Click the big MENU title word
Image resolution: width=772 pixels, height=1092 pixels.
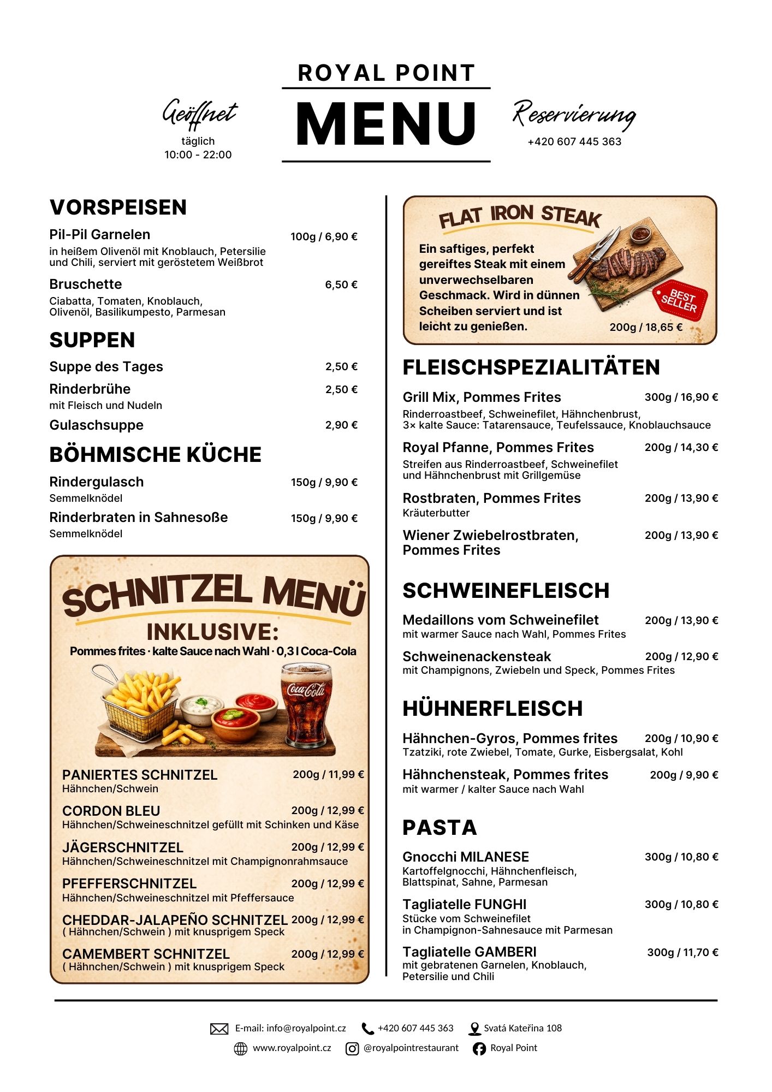pyautogui.click(x=386, y=124)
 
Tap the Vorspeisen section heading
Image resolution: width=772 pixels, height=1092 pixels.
pyautogui.click(x=118, y=207)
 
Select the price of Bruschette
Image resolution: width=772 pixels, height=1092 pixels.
pyautogui.click(x=341, y=284)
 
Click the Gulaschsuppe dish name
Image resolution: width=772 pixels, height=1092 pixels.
pyautogui.click(x=96, y=425)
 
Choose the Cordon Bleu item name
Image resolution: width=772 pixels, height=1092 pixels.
pyautogui.click(x=111, y=811)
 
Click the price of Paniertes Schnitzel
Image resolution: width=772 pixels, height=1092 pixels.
pyautogui.click(x=328, y=774)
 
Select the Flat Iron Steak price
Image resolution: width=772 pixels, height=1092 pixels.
pyautogui.click(x=646, y=327)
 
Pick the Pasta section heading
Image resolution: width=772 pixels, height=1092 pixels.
pyautogui.click(x=440, y=828)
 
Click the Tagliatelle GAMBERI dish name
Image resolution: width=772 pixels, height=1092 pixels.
pyautogui.click(x=470, y=952)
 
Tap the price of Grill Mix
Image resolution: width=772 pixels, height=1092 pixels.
pyautogui.click(x=681, y=397)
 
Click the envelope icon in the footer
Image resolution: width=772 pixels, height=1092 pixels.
pyautogui.click(x=219, y=1029)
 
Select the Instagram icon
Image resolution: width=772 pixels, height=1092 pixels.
pyautogui.click(x=353, y=1048)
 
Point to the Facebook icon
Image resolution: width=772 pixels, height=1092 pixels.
pyautogui.click(x=479, y=1048)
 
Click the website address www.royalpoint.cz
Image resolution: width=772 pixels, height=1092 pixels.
pyautogui.click(x=292, y=1048)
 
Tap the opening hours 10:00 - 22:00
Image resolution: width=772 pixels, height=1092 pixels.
pyautogui.click(x=198, y=155)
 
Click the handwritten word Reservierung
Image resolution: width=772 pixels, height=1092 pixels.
pyautogui.click(x=574, y=115)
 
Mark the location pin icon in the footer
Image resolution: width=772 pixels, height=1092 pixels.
pyautogui.click(x=474, y=1029)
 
